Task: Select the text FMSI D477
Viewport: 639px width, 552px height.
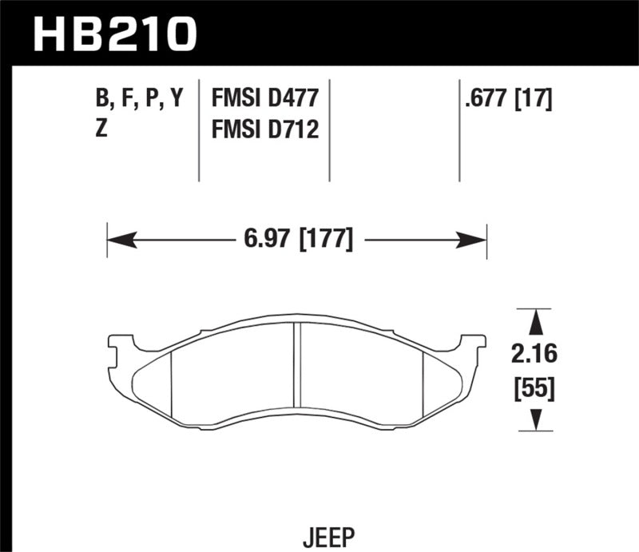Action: click(x=264, y=99)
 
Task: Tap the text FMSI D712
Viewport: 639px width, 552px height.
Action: click(x=264, y=129)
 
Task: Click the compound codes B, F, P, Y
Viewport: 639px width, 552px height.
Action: click(x=139, y=99)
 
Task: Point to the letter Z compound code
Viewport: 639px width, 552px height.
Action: click(x=101, y=129)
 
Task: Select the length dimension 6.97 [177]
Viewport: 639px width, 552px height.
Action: click(x=296, y=239)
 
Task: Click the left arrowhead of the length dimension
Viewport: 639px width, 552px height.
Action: click(x=117, y=239)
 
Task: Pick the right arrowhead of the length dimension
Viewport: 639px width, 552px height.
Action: click(x=477, y=239)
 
